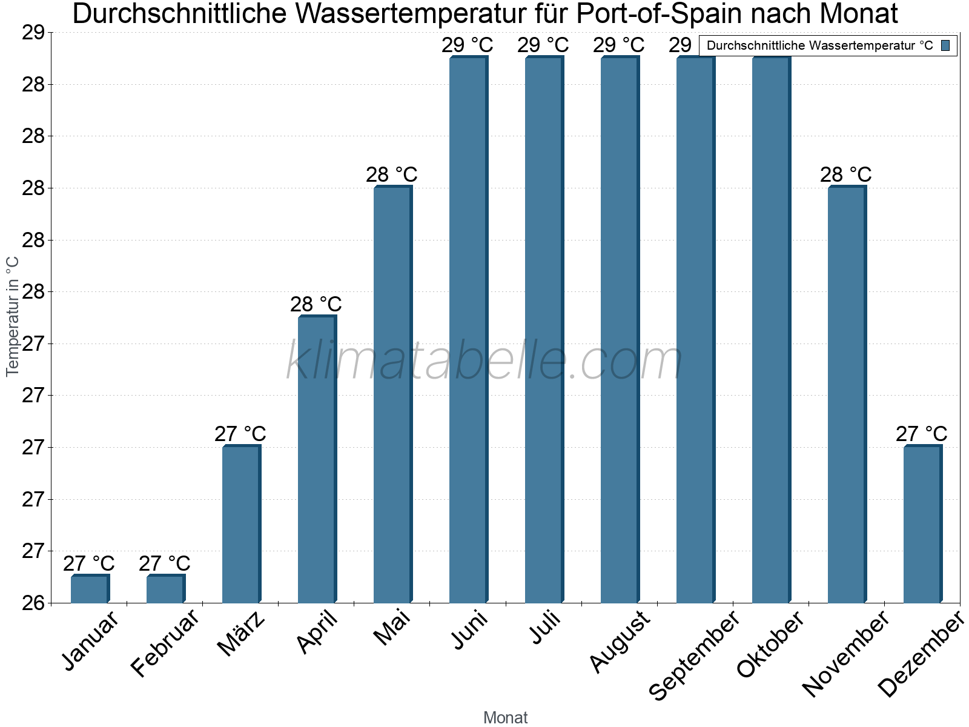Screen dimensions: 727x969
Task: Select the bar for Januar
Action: tap(89, 589)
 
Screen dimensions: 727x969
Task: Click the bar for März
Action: tap(240, 524)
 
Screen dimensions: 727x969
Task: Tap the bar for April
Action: tap(316, 459)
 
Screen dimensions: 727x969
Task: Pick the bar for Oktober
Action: tap(770, 330)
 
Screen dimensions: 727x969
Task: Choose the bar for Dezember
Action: tap(922, 524)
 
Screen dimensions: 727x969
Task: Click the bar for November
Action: tap(846, 394)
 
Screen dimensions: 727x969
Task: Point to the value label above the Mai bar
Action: tap(392, 174)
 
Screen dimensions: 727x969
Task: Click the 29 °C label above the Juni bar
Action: tap(468, 45)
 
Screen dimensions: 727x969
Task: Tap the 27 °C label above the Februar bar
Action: tap(165, 563)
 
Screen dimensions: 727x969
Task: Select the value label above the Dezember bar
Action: tap(922, 434)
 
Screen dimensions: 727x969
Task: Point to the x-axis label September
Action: tap(694, 654)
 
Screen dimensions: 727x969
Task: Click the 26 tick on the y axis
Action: tap(34, 603)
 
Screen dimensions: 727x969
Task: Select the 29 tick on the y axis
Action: tap(34, 32)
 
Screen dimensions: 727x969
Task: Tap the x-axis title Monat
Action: tap(506, 717)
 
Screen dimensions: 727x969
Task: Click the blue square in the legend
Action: tap(945, 45)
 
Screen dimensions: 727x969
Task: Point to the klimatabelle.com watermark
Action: tap(484, 361)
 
